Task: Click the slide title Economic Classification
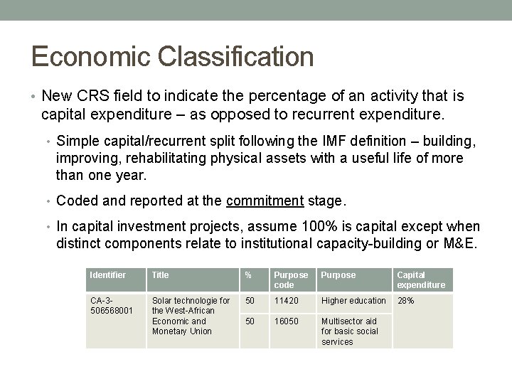[x=172, y=56]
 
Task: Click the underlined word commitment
[x=265, y=201]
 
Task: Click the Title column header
[x=161, y=274]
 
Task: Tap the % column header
[x=248, y=274]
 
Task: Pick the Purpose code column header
[x=292, y=279]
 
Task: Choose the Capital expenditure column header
[x=421, y=279]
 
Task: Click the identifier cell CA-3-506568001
[x=111, y=305]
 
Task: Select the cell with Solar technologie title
[x=191, y=316]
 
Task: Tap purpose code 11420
[x=288, y=301]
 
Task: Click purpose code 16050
[x=288, y=321]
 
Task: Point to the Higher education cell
[x=353, y=301]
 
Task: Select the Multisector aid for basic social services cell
[x=348, y=331]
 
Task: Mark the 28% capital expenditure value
[x=405, y=301]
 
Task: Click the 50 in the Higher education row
[x=249, y=301]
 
